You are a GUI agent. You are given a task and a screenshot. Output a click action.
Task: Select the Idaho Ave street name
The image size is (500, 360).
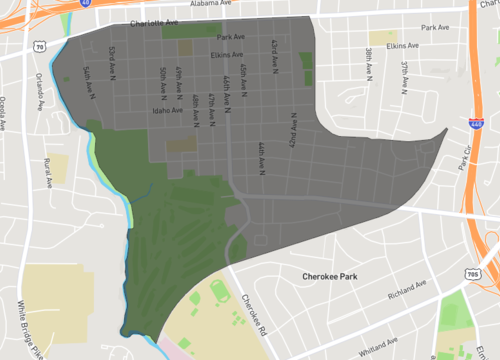click(x=168, y=112)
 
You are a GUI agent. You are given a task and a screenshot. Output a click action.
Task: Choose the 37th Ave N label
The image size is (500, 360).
click(x=405, y=73)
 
